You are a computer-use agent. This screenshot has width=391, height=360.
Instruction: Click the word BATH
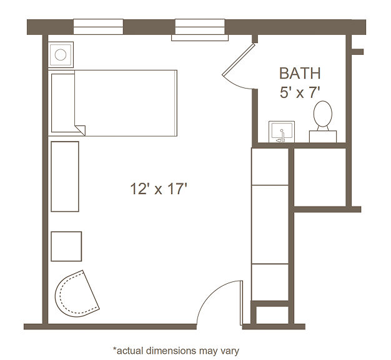coord(300,73)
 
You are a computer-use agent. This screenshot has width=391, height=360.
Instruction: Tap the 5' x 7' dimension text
coord(300,92)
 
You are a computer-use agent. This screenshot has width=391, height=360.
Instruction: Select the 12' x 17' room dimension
coord(159,188)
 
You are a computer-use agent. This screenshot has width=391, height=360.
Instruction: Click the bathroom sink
coord(282,132)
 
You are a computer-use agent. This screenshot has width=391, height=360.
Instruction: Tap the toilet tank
coord(323,137)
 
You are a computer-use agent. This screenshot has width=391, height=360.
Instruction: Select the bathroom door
coord(239,60)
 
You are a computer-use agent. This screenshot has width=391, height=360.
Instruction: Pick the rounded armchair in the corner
coord(77,294)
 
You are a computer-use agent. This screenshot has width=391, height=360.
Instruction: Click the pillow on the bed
coord(63,103)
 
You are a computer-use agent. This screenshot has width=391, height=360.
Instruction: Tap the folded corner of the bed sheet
coord(81,130)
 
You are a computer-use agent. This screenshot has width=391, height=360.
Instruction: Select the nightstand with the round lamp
coord(61,54)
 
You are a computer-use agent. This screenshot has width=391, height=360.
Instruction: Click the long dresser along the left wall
coord(65,177)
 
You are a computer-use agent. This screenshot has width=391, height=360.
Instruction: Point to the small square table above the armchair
coord(66,246)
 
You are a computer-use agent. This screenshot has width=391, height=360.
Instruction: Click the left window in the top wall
coord(98,27)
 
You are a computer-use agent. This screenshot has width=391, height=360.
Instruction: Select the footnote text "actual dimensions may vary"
coord(178,351)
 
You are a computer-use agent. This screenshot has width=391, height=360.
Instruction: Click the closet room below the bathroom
coord(320,177)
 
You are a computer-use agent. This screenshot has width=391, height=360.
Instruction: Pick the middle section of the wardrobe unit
coord(270,224)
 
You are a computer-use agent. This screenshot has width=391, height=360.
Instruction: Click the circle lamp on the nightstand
coord(61,54)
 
